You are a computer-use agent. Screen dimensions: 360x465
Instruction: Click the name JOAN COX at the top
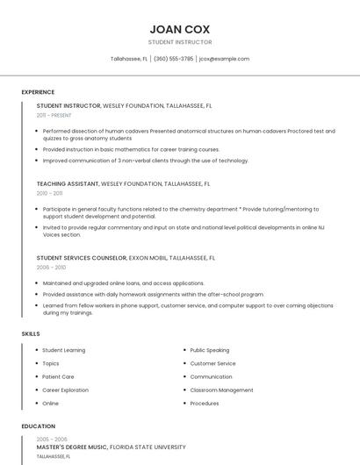point(179,28)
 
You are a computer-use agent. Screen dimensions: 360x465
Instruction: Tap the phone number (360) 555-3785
point(174,59)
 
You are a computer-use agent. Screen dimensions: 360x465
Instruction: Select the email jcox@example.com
point(224,59)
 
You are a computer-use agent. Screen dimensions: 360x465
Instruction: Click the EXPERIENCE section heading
point(38,92)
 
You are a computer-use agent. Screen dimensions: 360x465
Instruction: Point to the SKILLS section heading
point(31,333)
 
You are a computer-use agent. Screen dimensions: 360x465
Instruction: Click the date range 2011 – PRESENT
point(54,115)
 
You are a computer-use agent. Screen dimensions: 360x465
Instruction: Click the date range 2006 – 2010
point(51,267)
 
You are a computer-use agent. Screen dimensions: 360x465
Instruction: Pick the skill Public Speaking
point(209,350)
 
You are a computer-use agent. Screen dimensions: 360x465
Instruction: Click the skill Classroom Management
point(221,390)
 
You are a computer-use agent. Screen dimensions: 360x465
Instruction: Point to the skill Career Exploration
point(65,390)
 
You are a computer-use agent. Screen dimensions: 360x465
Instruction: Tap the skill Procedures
point(205,404)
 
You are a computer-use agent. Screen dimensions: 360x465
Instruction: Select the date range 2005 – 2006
point(51,439)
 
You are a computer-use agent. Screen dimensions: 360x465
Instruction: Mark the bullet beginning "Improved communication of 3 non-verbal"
point(146,161)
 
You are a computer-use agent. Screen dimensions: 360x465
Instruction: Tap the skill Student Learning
point(63,350)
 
